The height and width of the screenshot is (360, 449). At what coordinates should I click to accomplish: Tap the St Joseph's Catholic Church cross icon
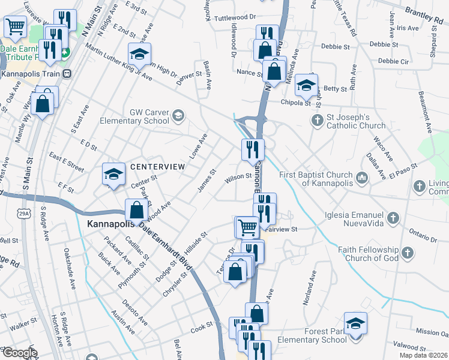318,120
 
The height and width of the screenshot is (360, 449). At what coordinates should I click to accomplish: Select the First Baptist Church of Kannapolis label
318,178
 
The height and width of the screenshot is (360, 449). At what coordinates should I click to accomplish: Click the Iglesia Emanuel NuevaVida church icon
393,218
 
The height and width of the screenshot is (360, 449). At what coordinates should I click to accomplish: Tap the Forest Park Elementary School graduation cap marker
355,324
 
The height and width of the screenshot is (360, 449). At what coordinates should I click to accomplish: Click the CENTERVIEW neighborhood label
154,166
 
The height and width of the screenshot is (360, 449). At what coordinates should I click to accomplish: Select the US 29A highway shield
24,214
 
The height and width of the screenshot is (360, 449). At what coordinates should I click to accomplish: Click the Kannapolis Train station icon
67,74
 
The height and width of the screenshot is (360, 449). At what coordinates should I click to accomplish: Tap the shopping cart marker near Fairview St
247,227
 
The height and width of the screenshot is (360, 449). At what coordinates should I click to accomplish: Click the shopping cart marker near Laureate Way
16,26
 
